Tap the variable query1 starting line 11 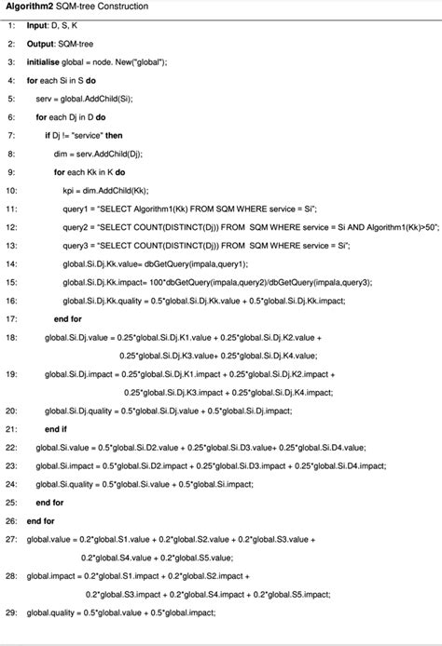pyautogui.click(x=79, y=209)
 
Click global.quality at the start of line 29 pyautogui.click(x=51, y=612)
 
